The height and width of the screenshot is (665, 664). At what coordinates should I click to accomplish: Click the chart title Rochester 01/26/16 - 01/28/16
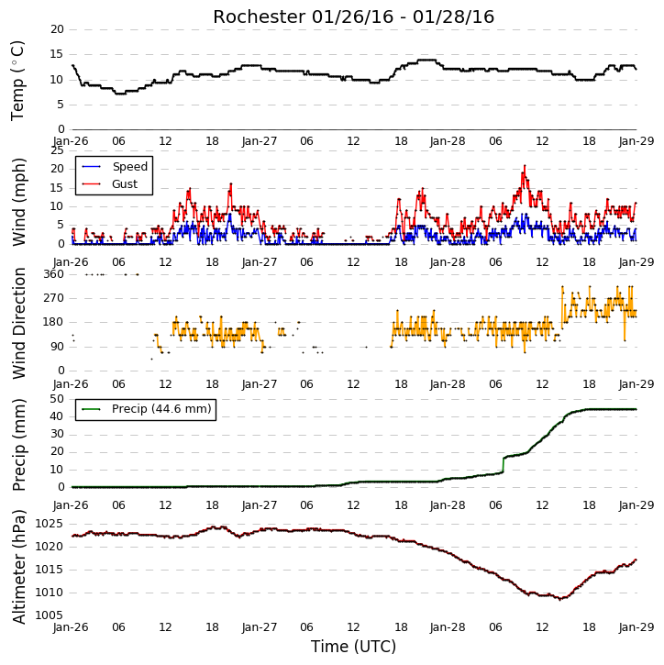pos(353,17)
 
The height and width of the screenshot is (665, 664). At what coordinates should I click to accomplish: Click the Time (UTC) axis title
pos(353,647)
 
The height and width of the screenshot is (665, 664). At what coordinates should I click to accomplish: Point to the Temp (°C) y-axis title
pos(17,81)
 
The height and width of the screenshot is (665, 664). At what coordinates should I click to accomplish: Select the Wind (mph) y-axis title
pos(19,202)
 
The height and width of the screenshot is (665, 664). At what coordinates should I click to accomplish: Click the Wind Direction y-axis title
pos(19,323)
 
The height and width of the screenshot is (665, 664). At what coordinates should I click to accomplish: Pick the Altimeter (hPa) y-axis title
pos(19,567)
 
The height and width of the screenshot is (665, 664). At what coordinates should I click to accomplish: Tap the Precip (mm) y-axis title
pos(19,445)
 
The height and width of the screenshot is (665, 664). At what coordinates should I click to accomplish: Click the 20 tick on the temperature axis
pos(57,29)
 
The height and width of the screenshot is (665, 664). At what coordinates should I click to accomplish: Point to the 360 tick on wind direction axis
pos(54,274)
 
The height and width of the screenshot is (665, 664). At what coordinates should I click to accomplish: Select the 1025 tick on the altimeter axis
pos(49,524)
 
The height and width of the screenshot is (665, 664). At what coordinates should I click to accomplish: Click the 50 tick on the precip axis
pos(57,399)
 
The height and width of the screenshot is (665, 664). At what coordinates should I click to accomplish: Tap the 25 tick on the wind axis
pos(57,150)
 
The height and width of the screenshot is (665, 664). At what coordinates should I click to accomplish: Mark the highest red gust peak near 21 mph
pos(525,166)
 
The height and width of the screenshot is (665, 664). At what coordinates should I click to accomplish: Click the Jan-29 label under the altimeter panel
pos(636,627)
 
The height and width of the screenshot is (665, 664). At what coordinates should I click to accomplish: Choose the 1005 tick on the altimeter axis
pos(49,615)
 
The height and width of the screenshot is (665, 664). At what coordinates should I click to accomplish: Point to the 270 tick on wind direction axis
pos(54,298)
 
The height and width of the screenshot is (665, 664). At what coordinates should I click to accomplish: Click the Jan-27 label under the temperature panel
pos(260,141)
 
